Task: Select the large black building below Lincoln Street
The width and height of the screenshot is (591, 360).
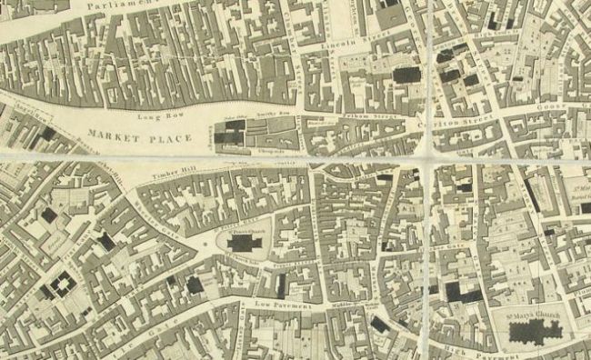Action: click(x=406, y=75)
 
